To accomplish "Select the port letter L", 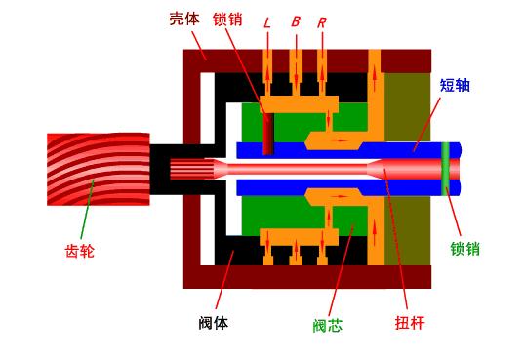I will tap(267, 20).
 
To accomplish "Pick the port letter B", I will tap(295, 20).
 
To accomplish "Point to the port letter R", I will tap(321, 20).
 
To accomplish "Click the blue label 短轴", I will tap(455, 85).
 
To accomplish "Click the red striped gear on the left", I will tap(98, 169).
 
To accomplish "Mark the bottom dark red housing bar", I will tap(307, 277).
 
